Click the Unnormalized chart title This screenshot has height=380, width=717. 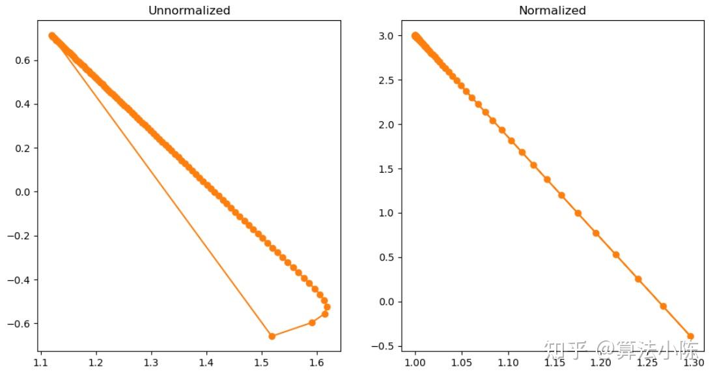click(x=189, y=10)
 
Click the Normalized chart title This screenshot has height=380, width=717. click(x=552, y=10)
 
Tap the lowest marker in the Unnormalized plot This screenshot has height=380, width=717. click(x=272, y=336)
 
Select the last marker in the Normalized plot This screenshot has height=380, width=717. click(x=690, y=336)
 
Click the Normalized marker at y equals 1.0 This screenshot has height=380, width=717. click(x=578, y=213)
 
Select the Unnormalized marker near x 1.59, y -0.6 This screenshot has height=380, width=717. click(x=312, y=323)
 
